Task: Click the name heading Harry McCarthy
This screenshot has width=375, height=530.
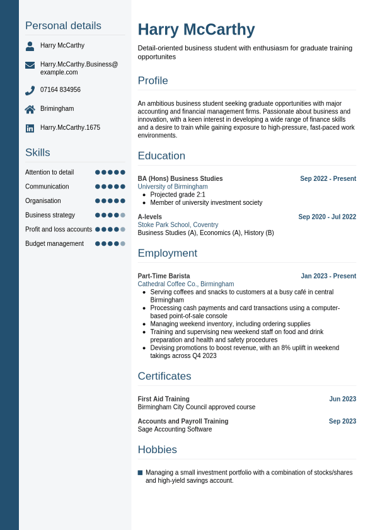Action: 196,30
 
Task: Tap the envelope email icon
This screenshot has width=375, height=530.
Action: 30,65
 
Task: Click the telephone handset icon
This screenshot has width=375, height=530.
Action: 30,90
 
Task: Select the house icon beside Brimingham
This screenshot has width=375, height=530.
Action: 30,109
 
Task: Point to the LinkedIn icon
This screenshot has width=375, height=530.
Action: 30,128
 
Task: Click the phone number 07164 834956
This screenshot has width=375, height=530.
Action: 61,90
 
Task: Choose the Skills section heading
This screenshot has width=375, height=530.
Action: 37,153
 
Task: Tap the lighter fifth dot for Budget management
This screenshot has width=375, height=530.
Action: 123,243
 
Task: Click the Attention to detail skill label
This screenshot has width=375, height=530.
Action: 49,172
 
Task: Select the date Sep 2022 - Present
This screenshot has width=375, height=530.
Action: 328,179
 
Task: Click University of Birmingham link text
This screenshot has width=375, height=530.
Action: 173,187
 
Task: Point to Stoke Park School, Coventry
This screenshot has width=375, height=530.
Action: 178,224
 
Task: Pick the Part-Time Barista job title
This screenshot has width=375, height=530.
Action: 164,276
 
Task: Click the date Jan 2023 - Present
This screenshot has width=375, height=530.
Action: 328,276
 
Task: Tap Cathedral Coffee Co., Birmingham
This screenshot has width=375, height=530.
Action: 186,284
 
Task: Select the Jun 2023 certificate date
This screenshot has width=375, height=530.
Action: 342,399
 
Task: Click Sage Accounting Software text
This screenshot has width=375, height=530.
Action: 175,429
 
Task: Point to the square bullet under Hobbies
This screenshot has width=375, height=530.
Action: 140,473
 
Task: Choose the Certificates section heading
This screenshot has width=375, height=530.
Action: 164,376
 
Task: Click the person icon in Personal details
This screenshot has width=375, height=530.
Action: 30,46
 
